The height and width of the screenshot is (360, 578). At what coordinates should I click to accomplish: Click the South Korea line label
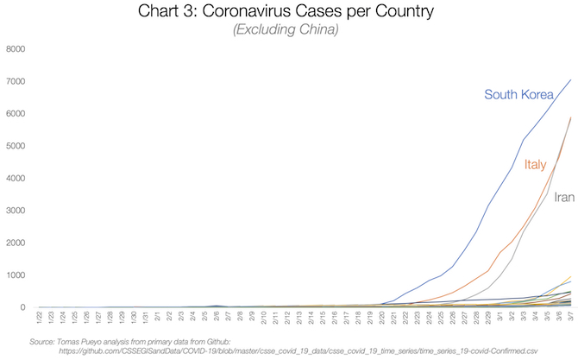525,94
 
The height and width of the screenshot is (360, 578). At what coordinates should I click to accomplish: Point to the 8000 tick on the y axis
16,49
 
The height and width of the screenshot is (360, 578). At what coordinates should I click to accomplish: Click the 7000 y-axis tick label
16,81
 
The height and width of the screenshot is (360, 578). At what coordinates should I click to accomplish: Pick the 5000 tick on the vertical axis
16,146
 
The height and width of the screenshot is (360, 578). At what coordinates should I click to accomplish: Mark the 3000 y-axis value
16,211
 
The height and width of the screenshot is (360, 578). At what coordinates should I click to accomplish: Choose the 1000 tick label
16,275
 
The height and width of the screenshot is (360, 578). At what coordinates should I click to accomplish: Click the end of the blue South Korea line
570,79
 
